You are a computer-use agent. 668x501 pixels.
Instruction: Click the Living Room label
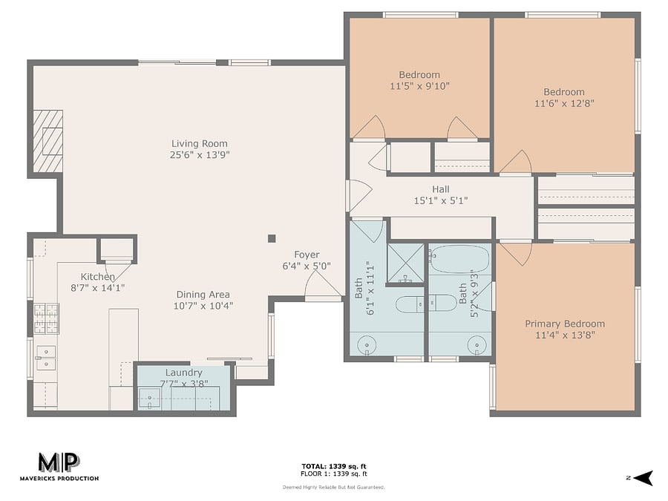[200, 144]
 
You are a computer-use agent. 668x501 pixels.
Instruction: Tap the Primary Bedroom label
[565, 324]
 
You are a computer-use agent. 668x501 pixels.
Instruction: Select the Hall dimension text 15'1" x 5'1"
[441, 200]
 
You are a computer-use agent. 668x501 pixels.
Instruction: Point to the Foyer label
[307, 255]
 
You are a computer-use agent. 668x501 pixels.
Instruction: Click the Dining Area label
[203, 295]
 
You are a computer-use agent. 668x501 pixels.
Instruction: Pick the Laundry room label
[183, 373]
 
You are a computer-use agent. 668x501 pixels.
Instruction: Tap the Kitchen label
[97, 277]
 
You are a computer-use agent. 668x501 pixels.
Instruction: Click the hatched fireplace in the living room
[48, 141]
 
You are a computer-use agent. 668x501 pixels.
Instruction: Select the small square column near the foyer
[272, 238]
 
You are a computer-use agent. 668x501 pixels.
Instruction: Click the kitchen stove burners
[47, 318]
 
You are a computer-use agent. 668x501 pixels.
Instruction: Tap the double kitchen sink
[46, 358]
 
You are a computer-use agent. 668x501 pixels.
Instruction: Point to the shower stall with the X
[405, 263]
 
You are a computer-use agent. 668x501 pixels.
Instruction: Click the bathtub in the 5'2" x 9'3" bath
[459, 258]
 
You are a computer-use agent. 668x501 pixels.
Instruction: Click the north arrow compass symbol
[643, 478]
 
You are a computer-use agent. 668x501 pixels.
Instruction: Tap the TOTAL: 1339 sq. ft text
[334, 467]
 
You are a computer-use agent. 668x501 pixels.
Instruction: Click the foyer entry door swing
[323, 284]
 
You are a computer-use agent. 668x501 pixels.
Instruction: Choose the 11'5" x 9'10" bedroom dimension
[419, 86]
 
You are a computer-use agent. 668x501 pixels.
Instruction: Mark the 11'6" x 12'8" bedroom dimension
[564, 103]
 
